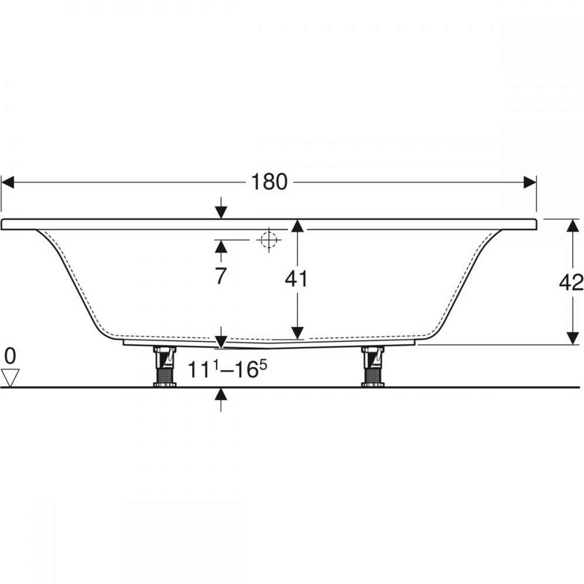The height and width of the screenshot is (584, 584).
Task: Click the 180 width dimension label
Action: [x=269, y=182]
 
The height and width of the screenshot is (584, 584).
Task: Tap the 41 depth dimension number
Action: [x=297, y=279]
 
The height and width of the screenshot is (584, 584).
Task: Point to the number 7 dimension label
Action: [x=221, y=276]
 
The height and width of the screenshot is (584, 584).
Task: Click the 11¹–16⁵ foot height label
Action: [x=227, y=369]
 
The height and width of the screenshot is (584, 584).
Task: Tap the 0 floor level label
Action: [x=10, y=356]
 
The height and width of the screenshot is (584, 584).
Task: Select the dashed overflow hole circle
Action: [x=269, y=239]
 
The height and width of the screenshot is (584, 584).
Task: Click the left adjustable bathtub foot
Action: [x=165, y=367]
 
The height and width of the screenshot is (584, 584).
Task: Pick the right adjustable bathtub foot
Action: [x=373, y=367]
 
